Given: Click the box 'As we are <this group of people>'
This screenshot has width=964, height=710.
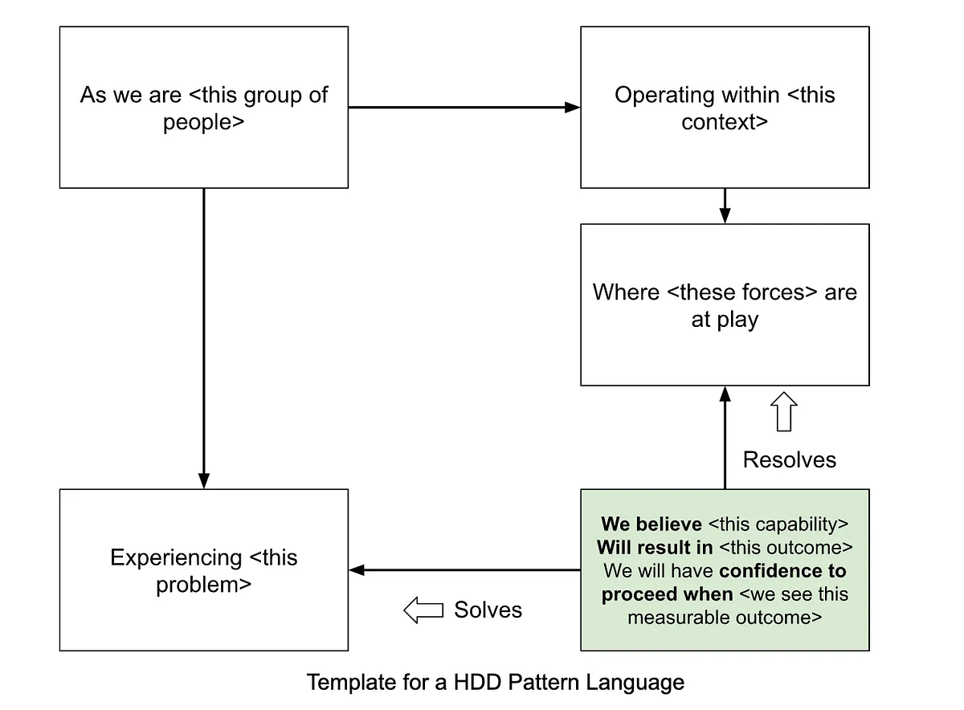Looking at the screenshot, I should tap(203, 108).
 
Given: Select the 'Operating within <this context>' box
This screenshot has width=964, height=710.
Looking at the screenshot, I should tap(725, 108).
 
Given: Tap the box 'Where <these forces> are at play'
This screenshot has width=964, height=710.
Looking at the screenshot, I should tap(725, 304).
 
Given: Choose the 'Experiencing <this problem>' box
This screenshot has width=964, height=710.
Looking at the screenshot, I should tap(203, 569).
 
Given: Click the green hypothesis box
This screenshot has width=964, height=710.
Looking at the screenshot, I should tap(725, 569).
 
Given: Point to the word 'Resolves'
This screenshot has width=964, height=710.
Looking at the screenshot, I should tap(789, 459).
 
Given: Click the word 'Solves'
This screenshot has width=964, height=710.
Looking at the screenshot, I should tap(488, 610).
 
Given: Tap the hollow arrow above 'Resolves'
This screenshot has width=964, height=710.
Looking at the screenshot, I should tap(784, 412).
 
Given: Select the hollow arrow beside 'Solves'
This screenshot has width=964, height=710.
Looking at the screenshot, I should tap(423, 610).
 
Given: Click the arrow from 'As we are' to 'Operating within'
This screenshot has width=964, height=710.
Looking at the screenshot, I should tap(464, 107).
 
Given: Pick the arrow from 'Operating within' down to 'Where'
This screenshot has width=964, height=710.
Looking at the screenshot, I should tap(725, 206).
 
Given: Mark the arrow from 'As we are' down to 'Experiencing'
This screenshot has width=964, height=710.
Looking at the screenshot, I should tap(203, 337).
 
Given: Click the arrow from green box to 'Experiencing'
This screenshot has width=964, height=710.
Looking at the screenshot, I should tap(464, 570).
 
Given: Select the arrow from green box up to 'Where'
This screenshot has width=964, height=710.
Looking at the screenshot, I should tap(725, 438).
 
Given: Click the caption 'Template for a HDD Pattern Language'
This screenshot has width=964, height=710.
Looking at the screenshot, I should tap(496, 683).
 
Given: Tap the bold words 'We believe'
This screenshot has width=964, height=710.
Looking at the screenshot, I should tap(651, 524).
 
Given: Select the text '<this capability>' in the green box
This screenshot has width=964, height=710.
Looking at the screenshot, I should tap(778, 524).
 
